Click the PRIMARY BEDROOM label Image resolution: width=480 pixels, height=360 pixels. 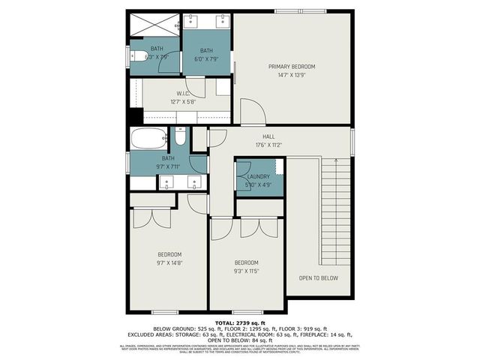click(x=292, y=67)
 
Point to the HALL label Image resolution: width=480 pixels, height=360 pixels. click(x=258, y=136)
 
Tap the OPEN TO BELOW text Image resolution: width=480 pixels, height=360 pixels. click(x=318, y=277)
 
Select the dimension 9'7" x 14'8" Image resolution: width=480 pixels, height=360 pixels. click(x=169, y=263)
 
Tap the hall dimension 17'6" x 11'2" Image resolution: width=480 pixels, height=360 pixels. click(x=258, y=145)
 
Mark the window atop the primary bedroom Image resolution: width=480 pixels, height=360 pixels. click(x=295, y=10)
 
